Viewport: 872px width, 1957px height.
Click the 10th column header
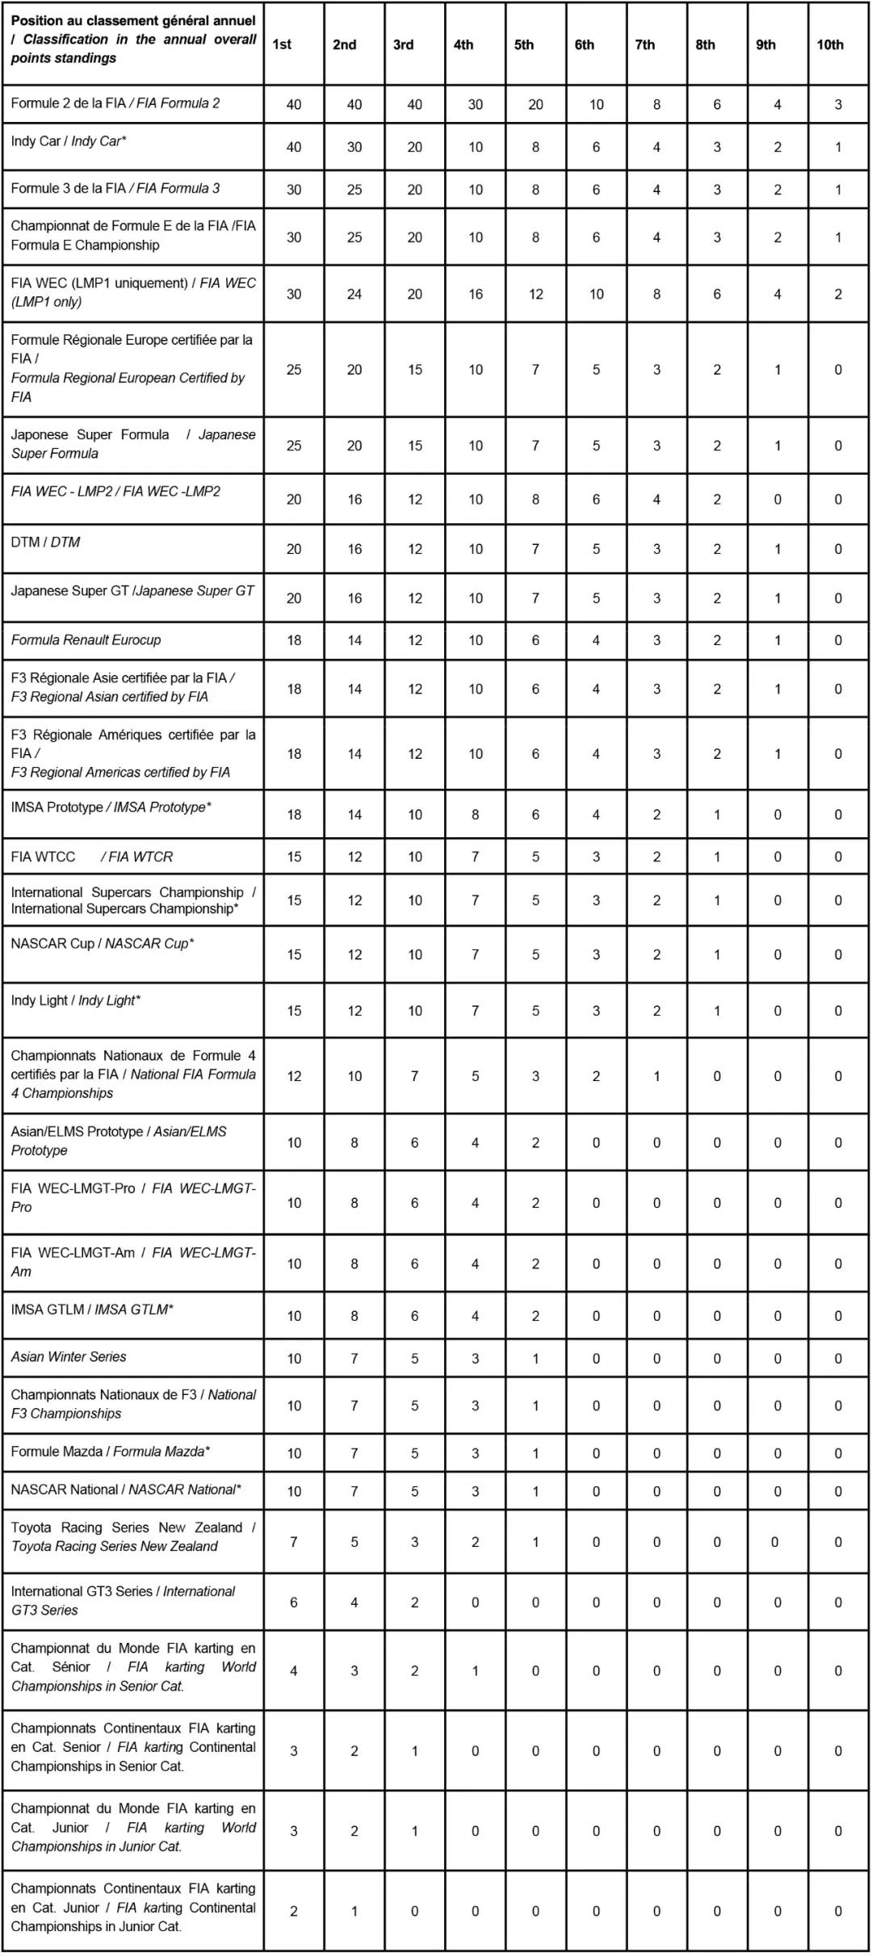point(830,45)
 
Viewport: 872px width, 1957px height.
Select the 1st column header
point(282,45)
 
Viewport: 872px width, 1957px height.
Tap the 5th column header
point(524,45)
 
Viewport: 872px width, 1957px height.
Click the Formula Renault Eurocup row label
point(86,640)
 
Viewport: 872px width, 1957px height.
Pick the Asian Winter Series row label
point(69,1357)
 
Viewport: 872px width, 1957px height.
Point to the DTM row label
point(45,543)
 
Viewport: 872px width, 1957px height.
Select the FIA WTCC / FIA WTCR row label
point(92,857)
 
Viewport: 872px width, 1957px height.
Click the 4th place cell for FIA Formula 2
point(476,105)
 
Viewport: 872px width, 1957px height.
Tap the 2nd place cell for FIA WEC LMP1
point(354,295)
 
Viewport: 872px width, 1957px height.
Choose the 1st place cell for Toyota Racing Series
point(294,1542)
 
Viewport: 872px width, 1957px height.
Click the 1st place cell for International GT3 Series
point(294,1603)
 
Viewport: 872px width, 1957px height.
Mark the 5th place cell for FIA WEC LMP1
point(536,295)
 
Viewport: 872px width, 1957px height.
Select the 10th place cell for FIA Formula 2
point(838,105)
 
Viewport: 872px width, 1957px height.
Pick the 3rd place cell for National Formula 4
point(415,1076)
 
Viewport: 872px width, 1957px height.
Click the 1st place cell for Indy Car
point(294,148)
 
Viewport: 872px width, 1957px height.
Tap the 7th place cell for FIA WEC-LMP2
point(656,500)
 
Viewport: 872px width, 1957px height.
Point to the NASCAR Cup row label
point(103,944)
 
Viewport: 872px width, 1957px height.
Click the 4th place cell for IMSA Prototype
point(476,815)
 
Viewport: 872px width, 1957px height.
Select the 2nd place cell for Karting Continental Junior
point(354,1912)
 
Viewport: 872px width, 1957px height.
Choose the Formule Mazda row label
point(111,1452)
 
